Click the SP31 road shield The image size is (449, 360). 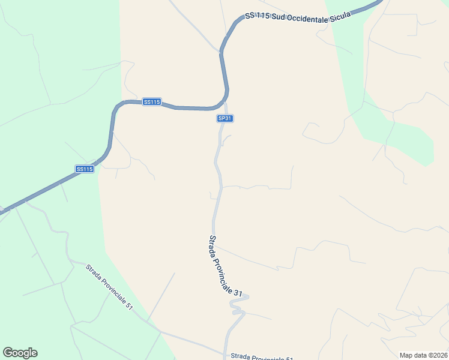[224, 119]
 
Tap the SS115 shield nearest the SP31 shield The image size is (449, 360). [152, 102]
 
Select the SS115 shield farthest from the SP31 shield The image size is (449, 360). [85, 169]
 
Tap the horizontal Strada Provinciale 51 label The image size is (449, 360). [262, 358]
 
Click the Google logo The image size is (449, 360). [20, 353]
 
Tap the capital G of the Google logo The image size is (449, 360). [8, 352]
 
